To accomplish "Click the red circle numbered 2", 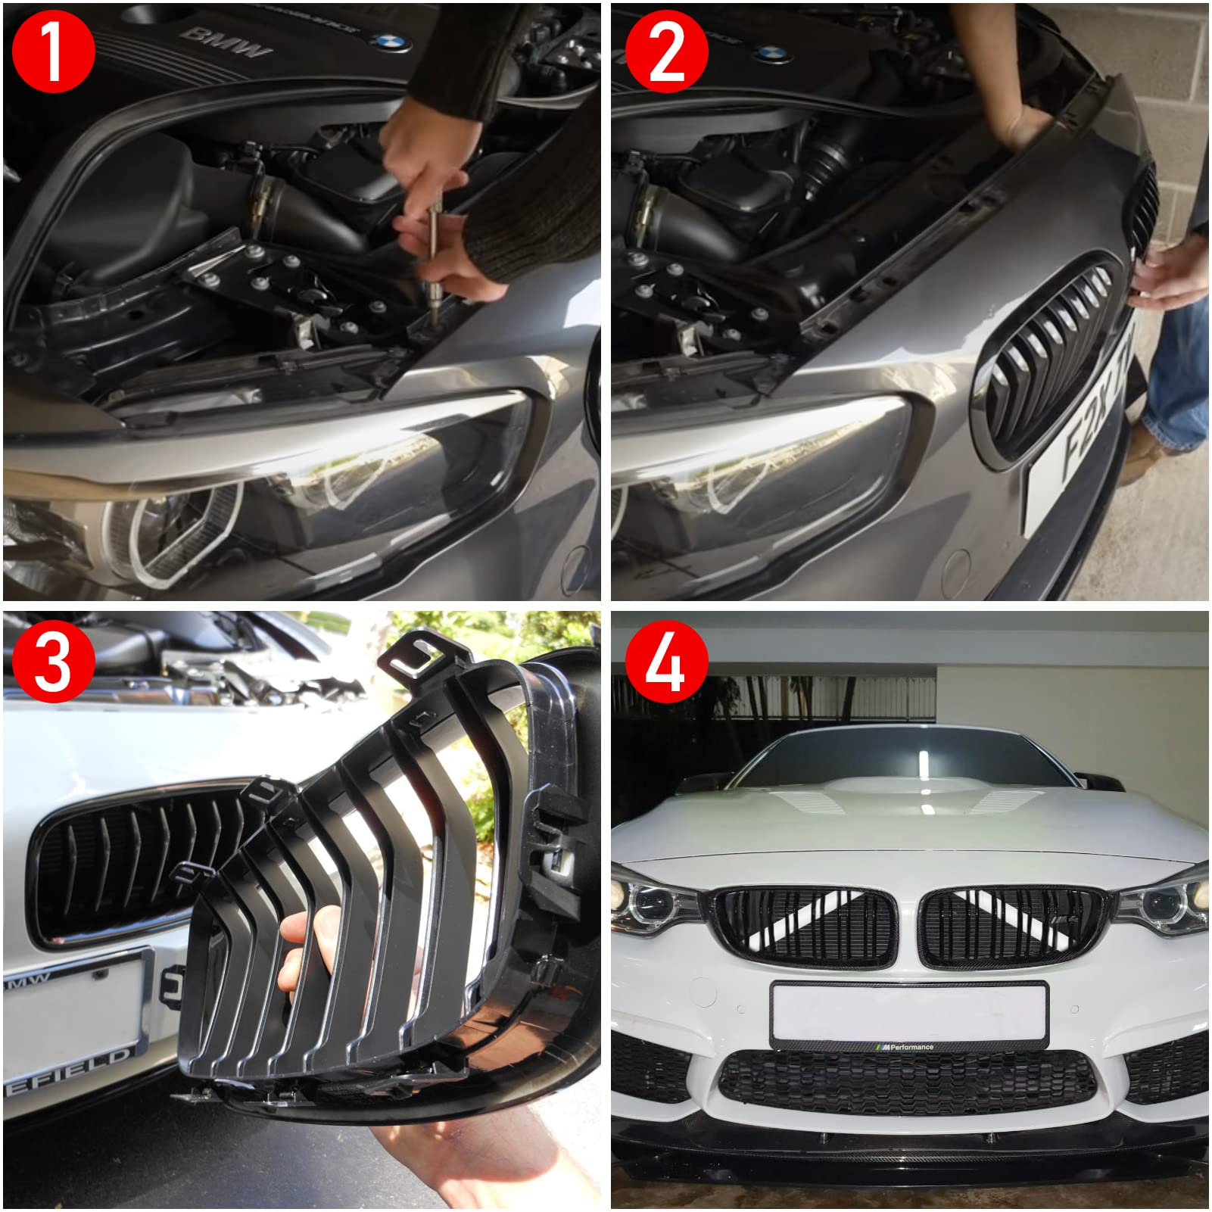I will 666,51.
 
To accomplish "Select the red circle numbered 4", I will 666,662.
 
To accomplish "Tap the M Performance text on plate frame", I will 908,1047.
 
